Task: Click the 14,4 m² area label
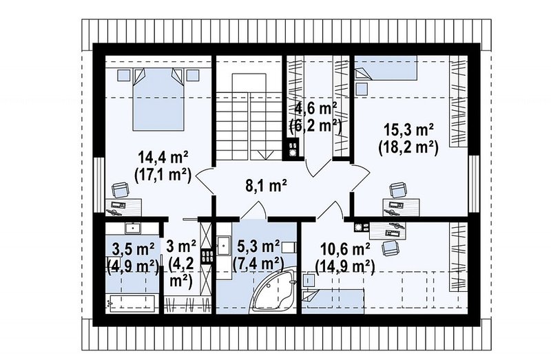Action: (163, 158)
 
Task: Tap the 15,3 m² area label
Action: (408, 130)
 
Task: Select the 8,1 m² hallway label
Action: (266, 185)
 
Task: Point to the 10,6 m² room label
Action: (345, 249)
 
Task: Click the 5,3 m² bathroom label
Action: (258, 246)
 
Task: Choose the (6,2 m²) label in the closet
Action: (315, 125)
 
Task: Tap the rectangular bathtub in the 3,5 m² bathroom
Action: (130, 302)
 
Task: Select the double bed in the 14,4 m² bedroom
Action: (158, 99)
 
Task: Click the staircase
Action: (249, 116)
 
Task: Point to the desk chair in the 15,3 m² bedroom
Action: (398, 191)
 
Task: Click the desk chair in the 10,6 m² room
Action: (391, 247)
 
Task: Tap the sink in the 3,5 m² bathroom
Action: (133, 228)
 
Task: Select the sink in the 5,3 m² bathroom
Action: (222, 245)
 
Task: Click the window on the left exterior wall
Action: (99, 185)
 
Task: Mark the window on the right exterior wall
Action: (474, 183)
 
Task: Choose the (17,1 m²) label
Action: (163, 175)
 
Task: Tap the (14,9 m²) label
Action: (345, 266)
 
